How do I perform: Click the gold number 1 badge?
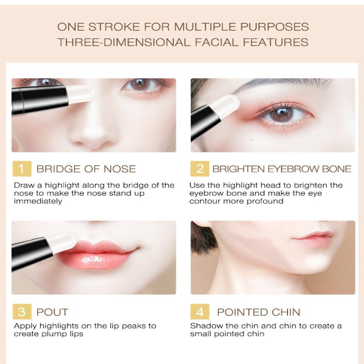(22, 169)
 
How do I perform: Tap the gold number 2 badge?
(200, 169)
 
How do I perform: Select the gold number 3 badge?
(22, 312)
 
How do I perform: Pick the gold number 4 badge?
(200, 312)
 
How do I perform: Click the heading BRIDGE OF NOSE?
(86, 169)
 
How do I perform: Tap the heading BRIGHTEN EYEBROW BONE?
(282, 169)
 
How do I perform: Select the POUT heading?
(52, 312)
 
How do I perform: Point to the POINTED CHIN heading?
(258, 312)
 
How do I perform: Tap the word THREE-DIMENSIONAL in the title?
(124, 42)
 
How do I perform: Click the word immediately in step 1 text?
(38, 201)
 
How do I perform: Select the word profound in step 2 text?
(265, 201)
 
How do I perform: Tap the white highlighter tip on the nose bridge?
(80, 94)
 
